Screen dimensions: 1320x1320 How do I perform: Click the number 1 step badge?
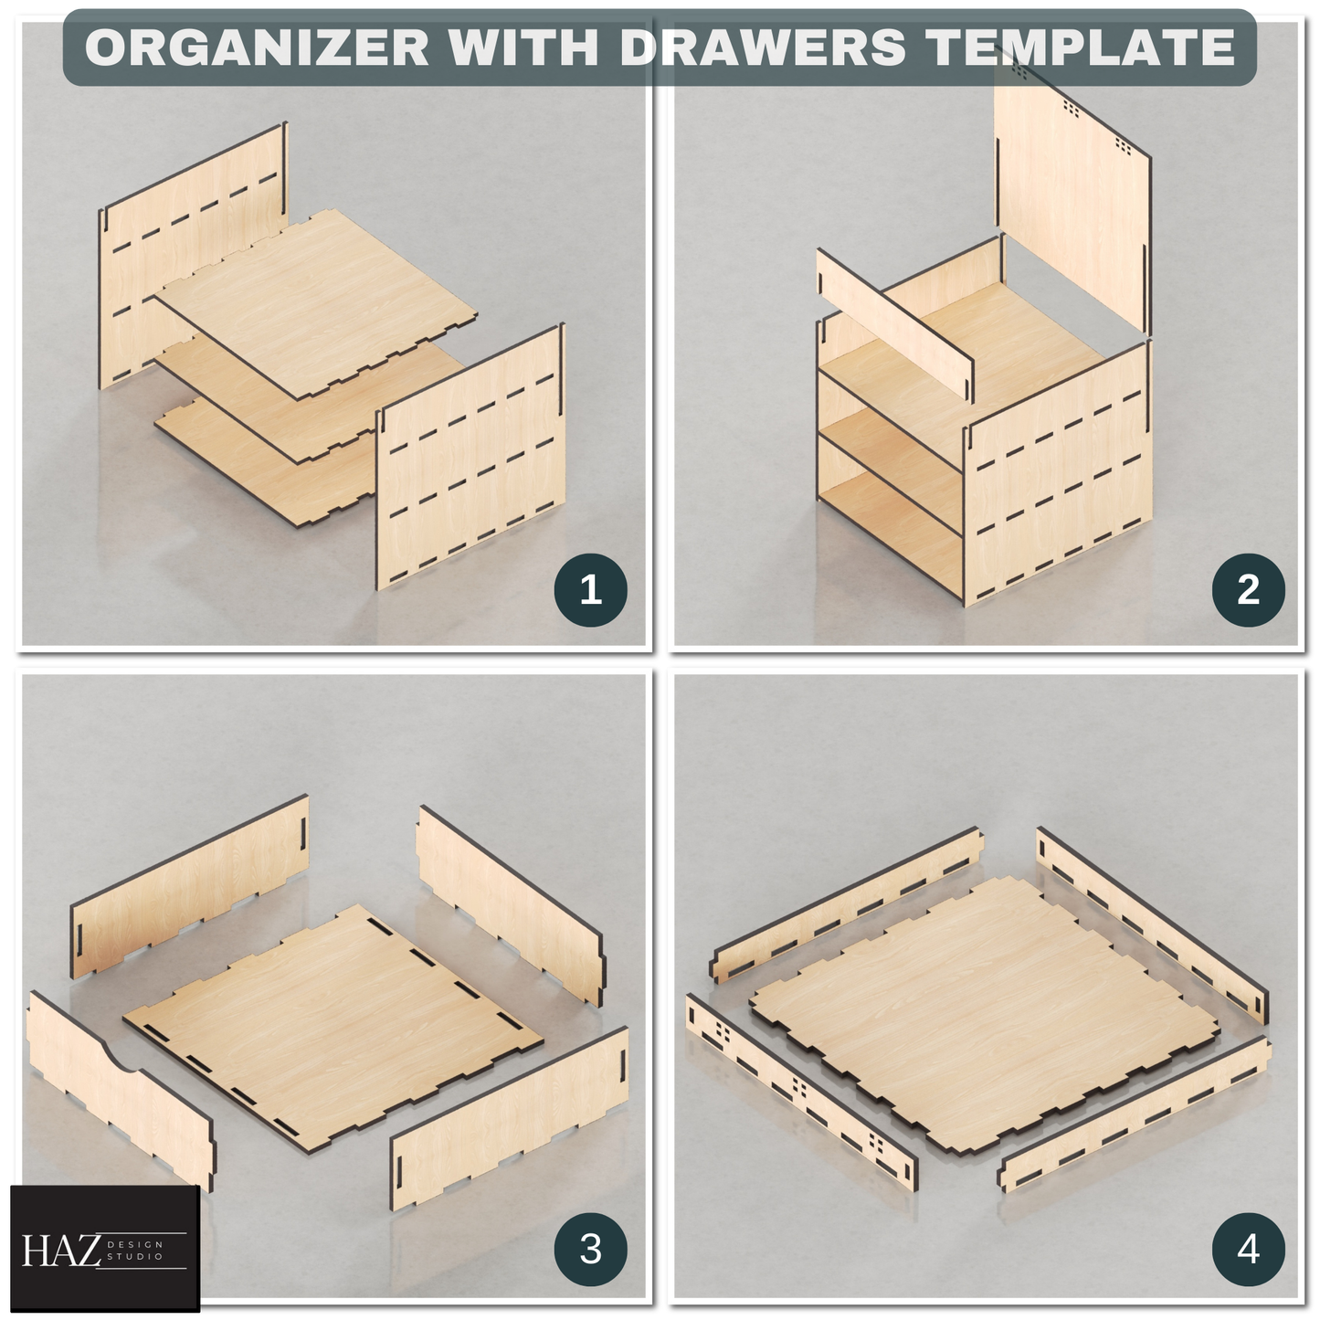tap(590, 590)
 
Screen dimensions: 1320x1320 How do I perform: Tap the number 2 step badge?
tap(1248, 590)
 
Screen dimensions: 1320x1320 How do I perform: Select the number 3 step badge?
tap(590, 1248)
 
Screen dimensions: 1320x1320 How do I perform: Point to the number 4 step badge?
tap(1248, 1248)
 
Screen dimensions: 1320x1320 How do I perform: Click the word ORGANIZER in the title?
tap(257, 48)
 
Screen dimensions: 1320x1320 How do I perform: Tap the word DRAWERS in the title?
tap(763, 48)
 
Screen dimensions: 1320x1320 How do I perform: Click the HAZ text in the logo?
tap(61, 1251)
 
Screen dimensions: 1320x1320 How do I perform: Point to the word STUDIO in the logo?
tap(135, 1256)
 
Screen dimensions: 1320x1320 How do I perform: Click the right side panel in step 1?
tap(470, 457)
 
